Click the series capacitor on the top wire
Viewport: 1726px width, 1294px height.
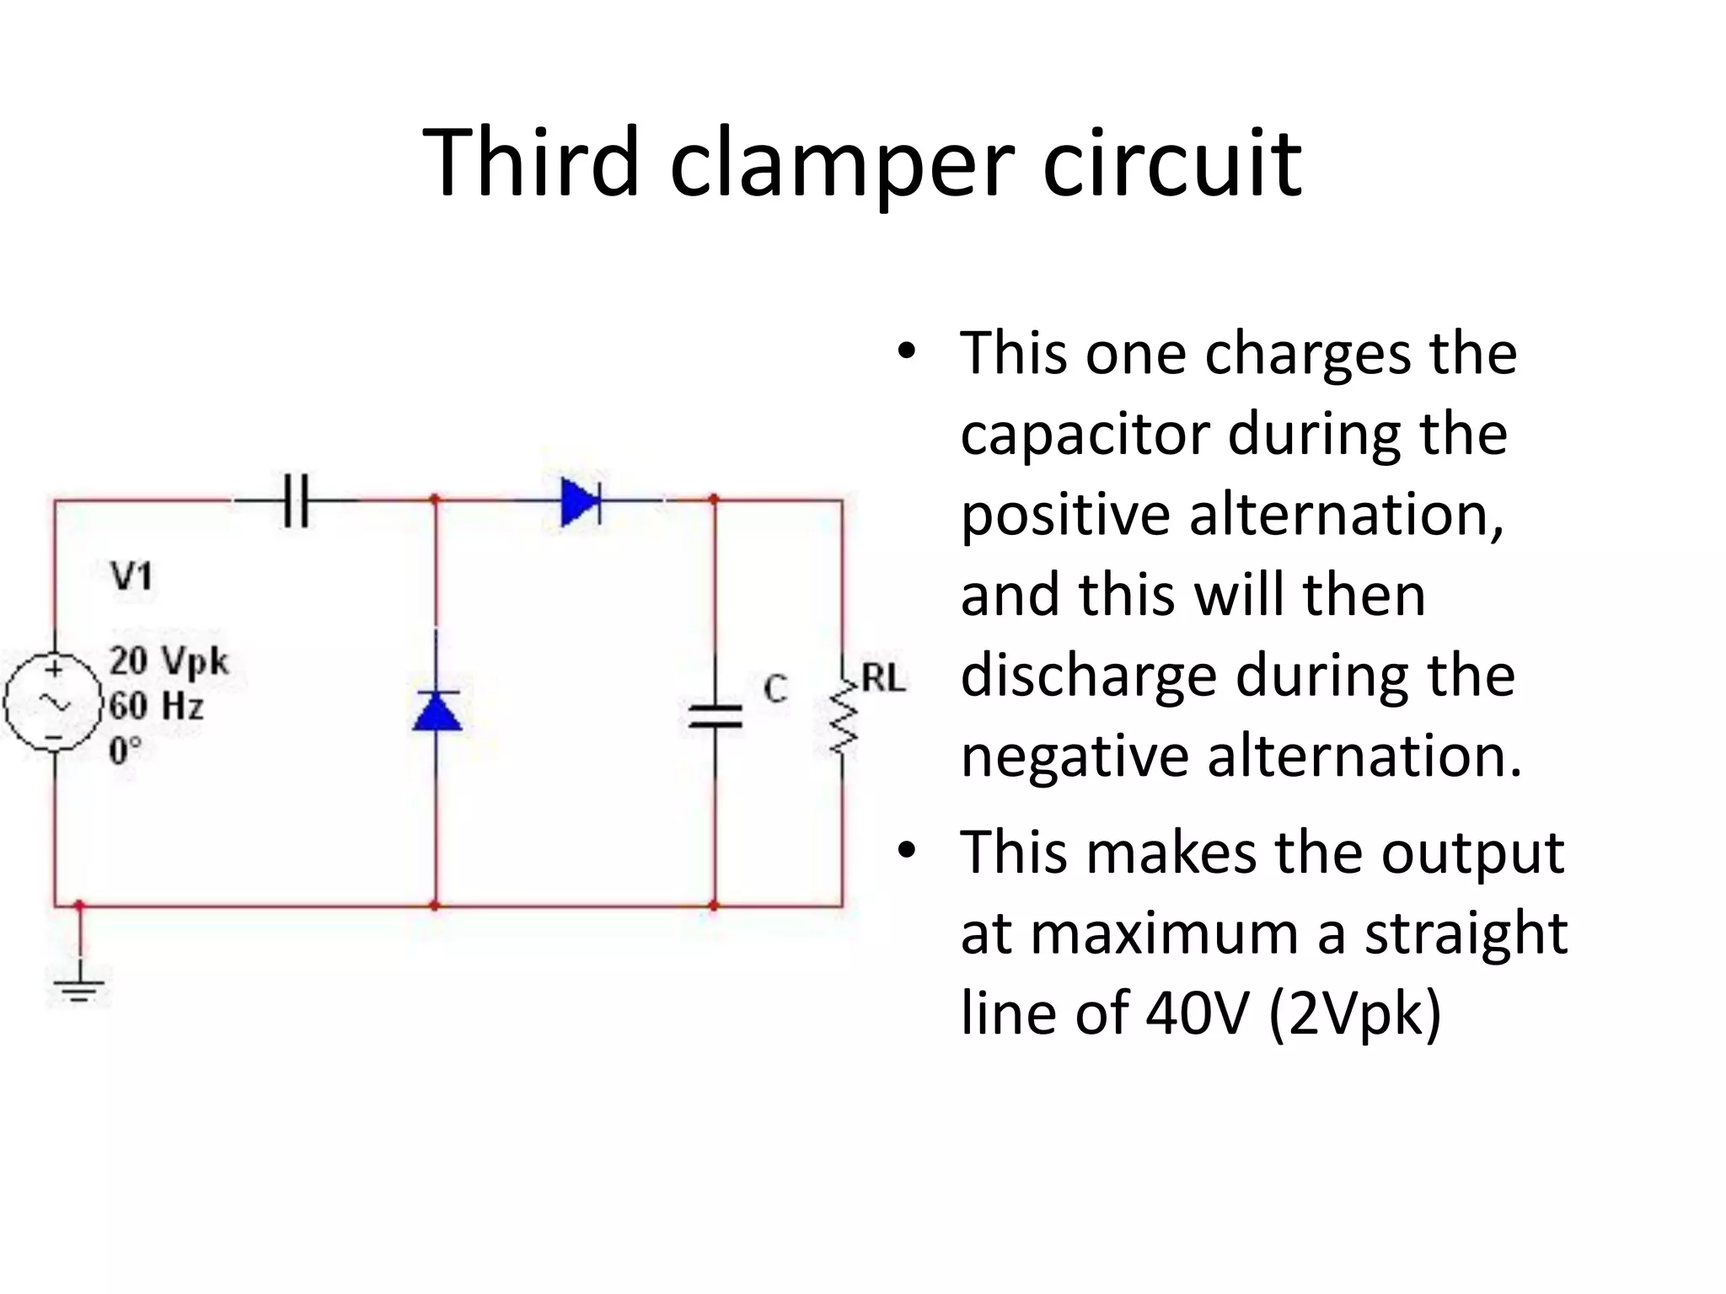pos(296,500)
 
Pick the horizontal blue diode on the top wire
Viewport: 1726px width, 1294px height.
pos(581,501)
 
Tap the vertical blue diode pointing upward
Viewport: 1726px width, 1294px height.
pos(437,710)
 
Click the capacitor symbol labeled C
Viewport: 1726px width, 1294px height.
pos(716,717)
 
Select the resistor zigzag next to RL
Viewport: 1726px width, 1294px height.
pos(843,720)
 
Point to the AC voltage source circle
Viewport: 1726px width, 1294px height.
pos(53,703)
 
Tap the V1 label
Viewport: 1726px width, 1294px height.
pos(131,577)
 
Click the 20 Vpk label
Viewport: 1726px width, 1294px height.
pos(169,661)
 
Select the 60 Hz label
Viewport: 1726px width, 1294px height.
pos(157,705)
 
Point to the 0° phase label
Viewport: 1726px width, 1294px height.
pos(125,750)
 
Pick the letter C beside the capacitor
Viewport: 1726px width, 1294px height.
pos(775,689)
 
